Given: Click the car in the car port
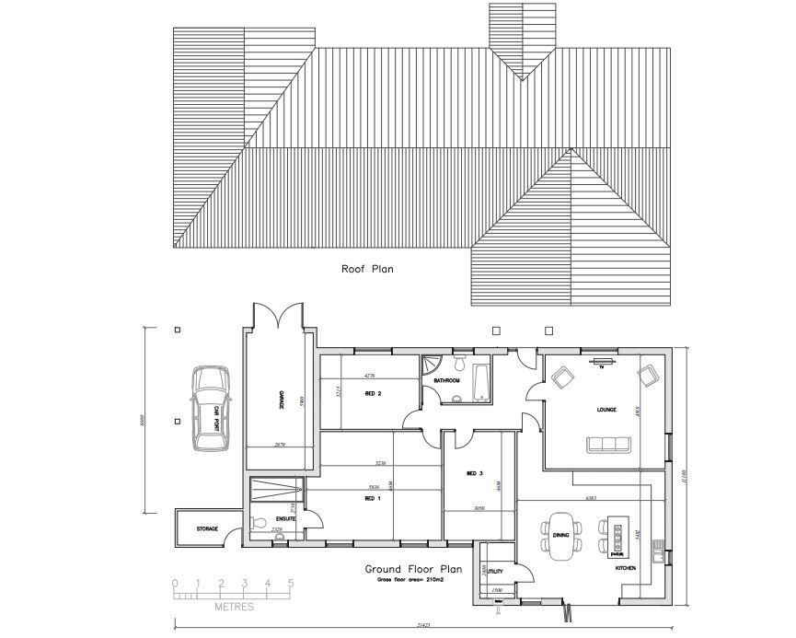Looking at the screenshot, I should [x=210, y=408].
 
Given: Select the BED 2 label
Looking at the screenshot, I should [x=374, y=394].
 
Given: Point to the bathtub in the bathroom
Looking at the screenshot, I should [x=481, y=382].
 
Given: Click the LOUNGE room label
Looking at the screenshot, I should [x=606, y=410].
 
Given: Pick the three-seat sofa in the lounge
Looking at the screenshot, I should [x=610, y=446].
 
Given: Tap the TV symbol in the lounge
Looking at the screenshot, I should [x=604, y=363].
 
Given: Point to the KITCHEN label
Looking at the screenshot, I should [x=626, y=569].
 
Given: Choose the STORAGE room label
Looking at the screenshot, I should [x=207, y=529].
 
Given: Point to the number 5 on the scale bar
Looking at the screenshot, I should [x=291, y=583].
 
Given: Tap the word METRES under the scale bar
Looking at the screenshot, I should [x=234, y=608].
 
